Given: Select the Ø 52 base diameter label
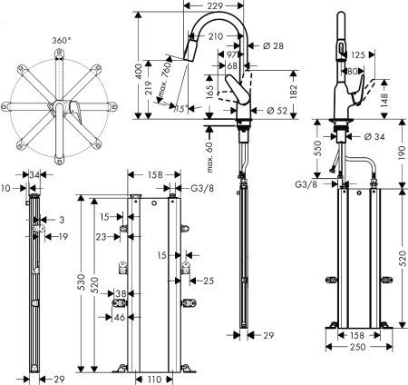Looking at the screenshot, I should pos(278,110).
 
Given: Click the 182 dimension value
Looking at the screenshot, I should pos(292,92).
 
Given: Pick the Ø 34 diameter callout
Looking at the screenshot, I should pos(374,137).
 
